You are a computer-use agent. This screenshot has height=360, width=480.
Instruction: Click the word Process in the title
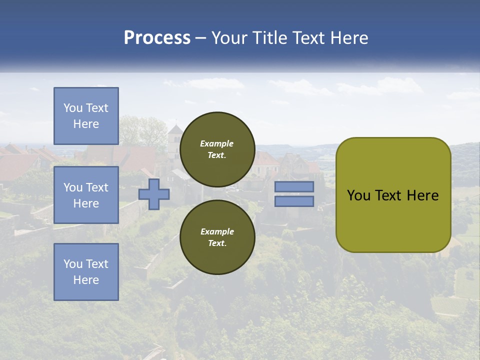coord(157,38)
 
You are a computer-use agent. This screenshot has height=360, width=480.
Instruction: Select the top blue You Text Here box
coord(86,116)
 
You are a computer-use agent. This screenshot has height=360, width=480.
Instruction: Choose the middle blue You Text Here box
coord(86,195)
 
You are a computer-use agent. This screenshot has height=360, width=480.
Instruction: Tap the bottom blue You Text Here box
coord(86,272)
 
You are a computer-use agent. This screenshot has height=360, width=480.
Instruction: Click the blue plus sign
coord(154,194)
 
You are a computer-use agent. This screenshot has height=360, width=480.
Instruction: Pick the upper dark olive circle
coord(217,149)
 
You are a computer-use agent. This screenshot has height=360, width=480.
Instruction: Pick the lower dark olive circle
coord(217,237)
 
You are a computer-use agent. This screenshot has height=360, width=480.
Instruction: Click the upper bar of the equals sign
coord(294,187)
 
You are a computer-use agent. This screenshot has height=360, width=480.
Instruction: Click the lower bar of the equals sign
coord(294,201)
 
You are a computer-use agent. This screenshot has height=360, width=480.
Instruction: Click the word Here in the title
coord(348,38)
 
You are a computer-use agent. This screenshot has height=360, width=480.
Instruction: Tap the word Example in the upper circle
coord(217,143)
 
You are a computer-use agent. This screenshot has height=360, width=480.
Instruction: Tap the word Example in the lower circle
coord(217,231)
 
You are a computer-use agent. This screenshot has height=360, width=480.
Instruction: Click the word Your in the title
coord(229,38)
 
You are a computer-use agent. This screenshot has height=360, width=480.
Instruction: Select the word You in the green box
coord(358,195)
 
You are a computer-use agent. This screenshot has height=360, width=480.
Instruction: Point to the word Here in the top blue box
coord(86,124)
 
